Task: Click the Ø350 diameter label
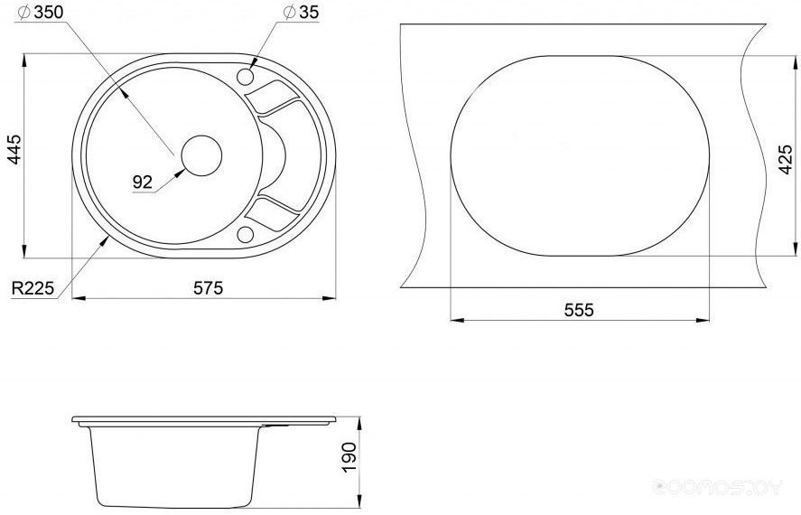point(41,13)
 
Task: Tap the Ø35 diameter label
point(301,13)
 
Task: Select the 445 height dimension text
point(14,149)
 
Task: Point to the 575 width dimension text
point(208,288)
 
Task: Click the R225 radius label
point(33,288)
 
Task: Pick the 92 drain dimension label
point(143,182)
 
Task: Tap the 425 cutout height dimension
point(786,159)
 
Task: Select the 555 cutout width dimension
point(579,310)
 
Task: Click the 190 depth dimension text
point(349,457)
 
